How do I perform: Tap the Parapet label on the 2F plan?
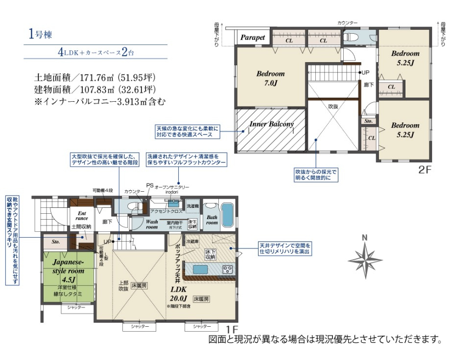click(252, 37)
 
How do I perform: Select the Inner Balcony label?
click(271, 124)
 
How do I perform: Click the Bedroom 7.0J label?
click(270, 78)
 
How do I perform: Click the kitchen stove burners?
click(228, 269)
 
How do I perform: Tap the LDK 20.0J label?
click(178, 294)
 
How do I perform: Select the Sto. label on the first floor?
click(55, 242)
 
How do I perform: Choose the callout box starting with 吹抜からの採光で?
click(316, 175)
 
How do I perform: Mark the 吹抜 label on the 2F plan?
click(333, 106)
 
